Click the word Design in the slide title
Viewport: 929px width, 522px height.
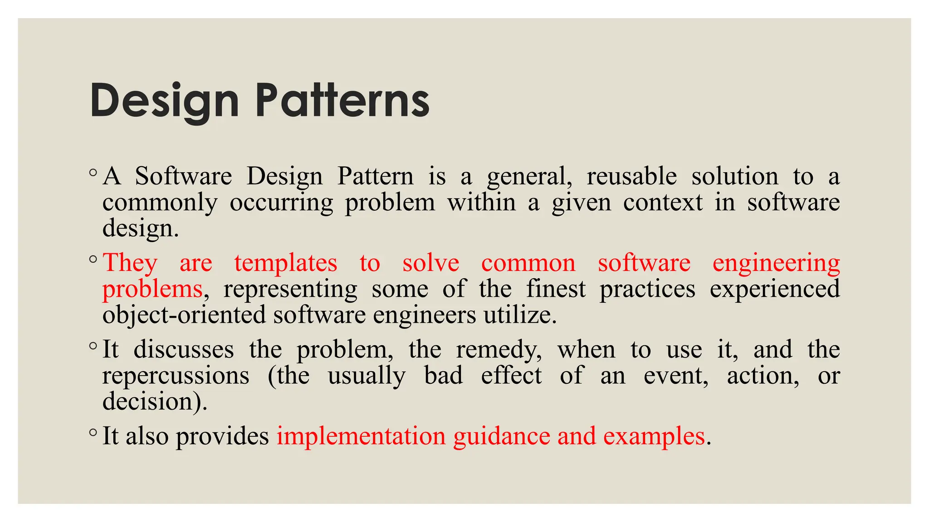point(165,101)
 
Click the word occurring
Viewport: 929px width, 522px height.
point(281,203)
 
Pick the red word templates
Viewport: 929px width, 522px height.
point(286,263)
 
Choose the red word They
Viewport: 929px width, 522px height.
point(130,263)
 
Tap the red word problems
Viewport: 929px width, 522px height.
point(152,290)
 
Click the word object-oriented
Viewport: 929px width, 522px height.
point(184,315)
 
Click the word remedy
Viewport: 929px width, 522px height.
point(499,350)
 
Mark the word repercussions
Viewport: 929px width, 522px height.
point(176,376)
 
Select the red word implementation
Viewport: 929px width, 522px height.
point(361,436)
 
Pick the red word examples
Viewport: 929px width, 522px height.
point(654,437)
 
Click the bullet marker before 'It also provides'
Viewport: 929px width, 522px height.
point(93,432)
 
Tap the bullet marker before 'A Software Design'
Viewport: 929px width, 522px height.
point(93,172)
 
